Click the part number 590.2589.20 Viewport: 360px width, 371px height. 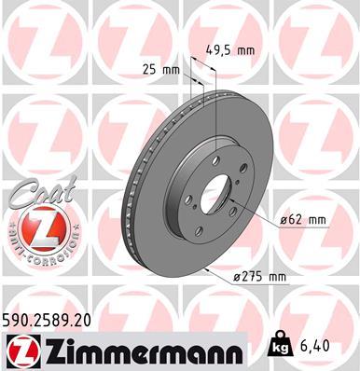click(x=49, y=318)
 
